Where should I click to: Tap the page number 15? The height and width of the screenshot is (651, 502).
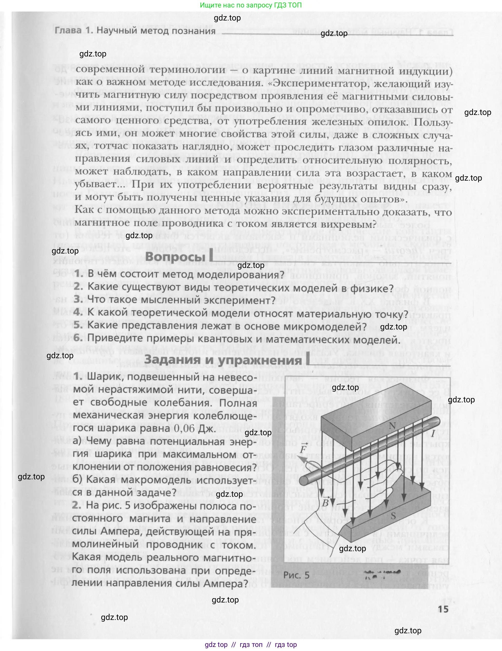click(x=443, y=609)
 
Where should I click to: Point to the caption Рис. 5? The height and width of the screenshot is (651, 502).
click(x=296, y=575)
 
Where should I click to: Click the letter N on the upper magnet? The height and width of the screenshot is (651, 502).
click(x=392, y=426)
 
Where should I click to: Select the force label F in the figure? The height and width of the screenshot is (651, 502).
click(x=303, y=449)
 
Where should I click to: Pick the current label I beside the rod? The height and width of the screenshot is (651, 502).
click(x=433, y=433)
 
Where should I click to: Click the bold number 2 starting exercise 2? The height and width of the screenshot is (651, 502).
click(x=77, y=506)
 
